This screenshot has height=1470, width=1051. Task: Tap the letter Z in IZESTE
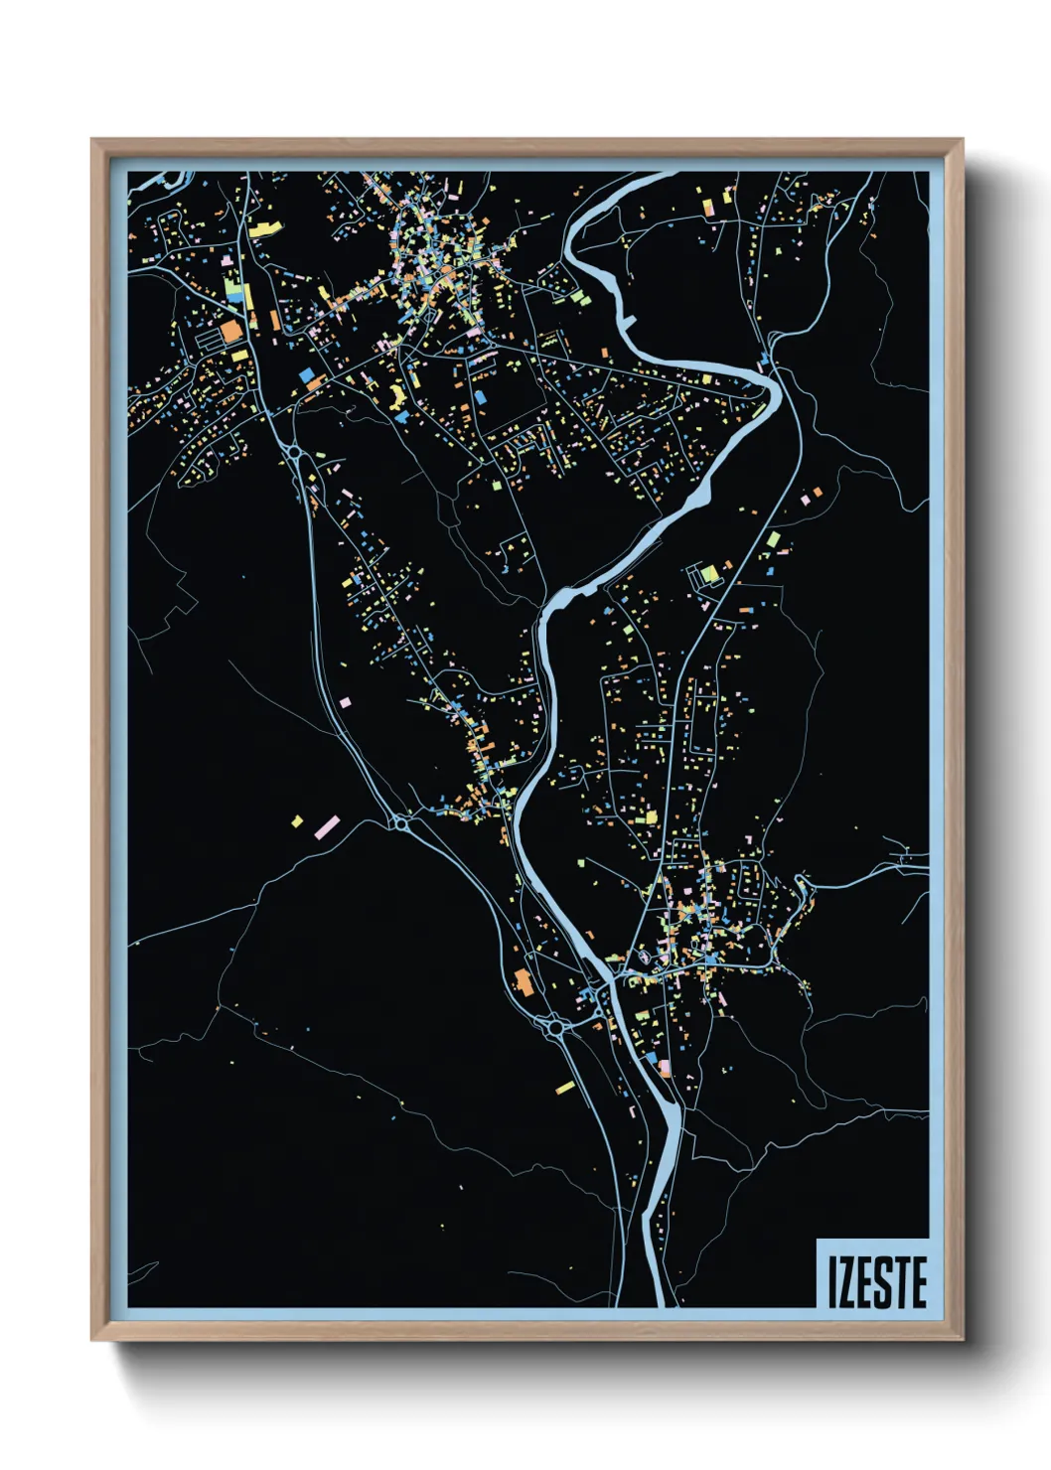click(846, 1281)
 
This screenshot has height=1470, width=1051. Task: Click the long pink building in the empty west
click(328, 826)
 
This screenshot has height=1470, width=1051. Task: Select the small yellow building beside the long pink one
click(296, 821)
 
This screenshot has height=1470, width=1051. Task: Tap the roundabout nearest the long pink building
click(400, 823)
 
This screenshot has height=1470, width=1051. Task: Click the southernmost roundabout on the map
click(554, 1029)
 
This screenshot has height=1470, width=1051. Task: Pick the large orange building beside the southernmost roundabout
click(523, 983)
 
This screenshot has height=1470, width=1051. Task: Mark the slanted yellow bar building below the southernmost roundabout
click(564, 1088)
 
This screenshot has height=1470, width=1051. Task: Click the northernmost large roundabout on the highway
click(295, 453)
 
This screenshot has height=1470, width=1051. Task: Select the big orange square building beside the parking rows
click(231, 331)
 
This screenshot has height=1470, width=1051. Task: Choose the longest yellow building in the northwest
click(265, 227)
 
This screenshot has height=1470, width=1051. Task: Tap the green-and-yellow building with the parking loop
click(707, 574)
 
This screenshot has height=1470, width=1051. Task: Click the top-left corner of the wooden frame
click(92, 139)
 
